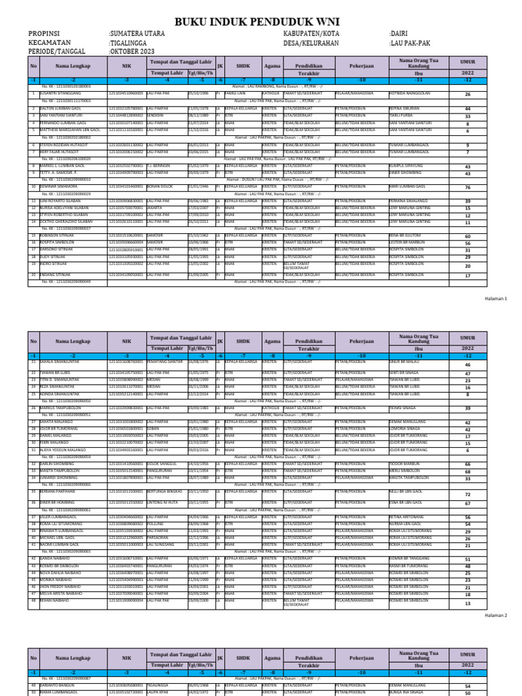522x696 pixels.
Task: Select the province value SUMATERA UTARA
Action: click(139, 33)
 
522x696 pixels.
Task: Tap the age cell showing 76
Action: click(468, 188)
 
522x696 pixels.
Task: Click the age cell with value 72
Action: click(468, 495)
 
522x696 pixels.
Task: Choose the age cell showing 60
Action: click(468, 237)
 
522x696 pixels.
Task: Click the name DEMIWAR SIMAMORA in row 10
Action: click(63, 186)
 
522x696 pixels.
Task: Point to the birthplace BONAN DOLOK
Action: click(142, 186)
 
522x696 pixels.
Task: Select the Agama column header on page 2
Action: click(272, 343)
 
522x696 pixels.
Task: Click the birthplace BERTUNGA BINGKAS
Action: click(149, 491)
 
